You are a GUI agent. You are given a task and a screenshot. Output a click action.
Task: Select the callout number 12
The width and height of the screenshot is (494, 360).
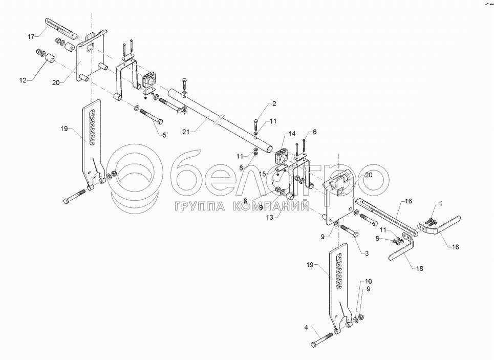click(x=23, y=80)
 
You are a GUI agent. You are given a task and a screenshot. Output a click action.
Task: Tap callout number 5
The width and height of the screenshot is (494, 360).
click(x=164, y=135)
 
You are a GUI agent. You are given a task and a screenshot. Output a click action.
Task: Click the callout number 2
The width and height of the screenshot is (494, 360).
click(x=273, y=104)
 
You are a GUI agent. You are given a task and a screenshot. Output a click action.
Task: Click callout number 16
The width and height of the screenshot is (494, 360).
click(x=408, y=202)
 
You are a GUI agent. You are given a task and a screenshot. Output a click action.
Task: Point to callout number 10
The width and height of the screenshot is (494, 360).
click(x=368, y=282)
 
